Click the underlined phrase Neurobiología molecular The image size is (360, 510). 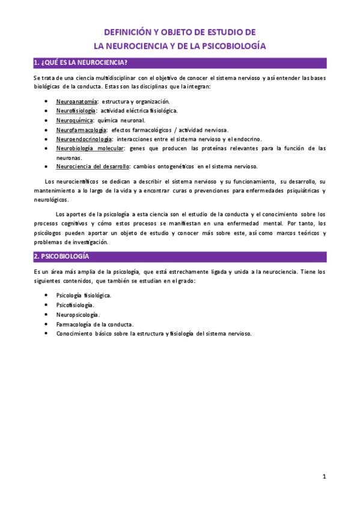[90, 148]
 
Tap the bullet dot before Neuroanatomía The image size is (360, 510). [47, 102]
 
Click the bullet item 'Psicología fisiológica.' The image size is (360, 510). [83, 296]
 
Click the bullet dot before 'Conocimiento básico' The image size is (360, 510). [47, 334]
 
